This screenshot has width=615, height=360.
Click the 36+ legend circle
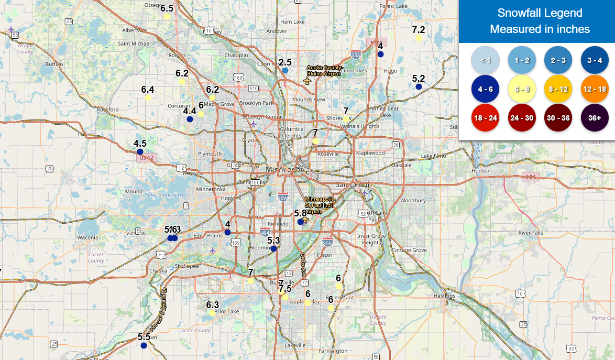click(594, 118)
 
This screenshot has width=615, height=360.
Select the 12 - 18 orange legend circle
click(594, 89)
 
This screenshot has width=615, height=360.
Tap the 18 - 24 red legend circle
click(485, 118)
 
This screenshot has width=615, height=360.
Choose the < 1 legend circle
click(485, 60)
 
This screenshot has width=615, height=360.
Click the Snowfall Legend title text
click(540, 13)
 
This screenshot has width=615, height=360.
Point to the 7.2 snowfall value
click(419, 30)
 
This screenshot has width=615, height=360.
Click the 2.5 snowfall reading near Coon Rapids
click(285, 62)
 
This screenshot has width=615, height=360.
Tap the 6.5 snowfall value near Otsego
click(167, 8)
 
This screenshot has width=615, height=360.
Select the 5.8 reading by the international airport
click(300, 213)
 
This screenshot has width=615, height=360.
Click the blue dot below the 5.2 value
click(419, 86)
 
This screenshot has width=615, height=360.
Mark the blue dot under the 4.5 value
click(140, 151)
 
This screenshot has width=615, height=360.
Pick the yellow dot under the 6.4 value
click(148, 97)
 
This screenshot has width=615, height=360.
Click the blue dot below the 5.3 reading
click(273, 248)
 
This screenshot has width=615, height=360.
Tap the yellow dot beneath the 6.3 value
click(212, 313)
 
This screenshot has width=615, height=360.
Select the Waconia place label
click(87, 237)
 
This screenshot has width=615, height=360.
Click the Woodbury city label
click(409, 201)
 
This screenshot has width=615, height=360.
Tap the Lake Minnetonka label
click(165, 195)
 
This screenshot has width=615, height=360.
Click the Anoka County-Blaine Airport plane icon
click(307, 81)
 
